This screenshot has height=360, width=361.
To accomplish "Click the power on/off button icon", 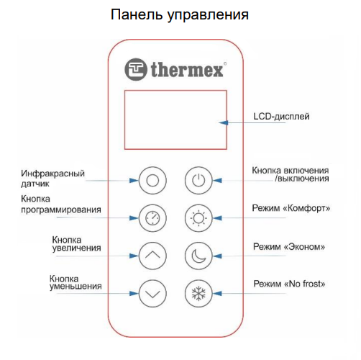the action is [198, 180].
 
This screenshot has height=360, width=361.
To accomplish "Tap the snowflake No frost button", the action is [198, 293].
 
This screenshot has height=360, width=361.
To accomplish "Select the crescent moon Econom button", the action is [198, 256].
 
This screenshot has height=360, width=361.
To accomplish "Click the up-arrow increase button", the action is [152, 256].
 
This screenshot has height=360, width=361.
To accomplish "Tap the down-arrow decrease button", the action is [152, 293].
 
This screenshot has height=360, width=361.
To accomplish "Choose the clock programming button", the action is [152, 218].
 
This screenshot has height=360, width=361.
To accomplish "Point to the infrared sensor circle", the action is [152, 180].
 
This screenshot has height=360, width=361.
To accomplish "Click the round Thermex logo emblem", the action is [136, 69].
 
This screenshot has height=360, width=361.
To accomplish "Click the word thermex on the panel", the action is [187, 70].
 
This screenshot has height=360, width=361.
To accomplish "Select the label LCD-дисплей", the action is [281, 117].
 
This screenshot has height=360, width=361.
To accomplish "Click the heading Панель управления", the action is [180, 14].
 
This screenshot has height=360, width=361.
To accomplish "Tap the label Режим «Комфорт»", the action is [291, 208].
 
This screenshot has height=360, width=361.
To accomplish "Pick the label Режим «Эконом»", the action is [289, 246].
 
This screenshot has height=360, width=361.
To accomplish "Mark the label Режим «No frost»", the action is [289, 284].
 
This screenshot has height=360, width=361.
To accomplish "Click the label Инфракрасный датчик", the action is [52, 179].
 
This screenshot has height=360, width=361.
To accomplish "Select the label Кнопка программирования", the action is [61, 204].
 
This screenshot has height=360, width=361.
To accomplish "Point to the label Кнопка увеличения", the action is [76, 244].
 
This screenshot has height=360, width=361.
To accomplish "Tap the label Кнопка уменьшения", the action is [76, 282].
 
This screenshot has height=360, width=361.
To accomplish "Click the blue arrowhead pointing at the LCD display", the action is [224, 122].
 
